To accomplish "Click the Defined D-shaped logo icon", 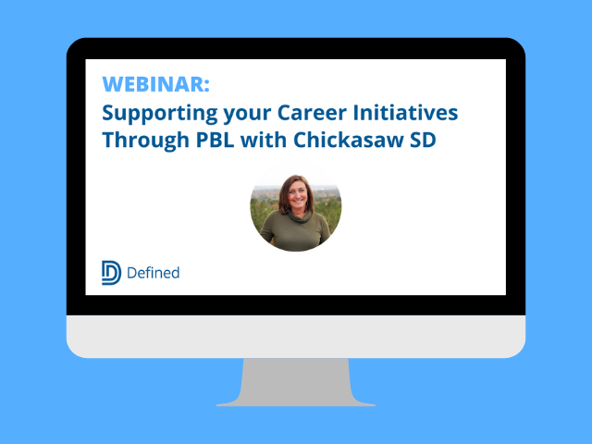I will (111, 273).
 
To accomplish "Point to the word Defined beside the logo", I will (154, 273).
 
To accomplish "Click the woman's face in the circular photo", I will (295, 196).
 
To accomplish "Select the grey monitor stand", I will (295, 381).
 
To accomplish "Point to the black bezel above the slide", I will (295, 49).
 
